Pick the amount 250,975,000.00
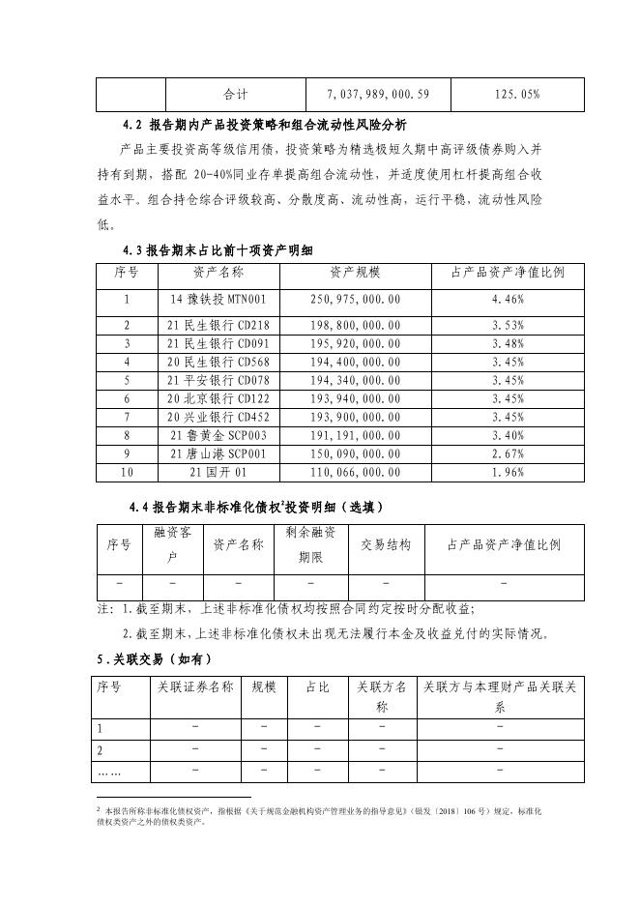[356, 299]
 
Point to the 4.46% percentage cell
[508, 299]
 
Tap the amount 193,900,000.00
[356, 417]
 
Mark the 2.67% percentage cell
[508, 453]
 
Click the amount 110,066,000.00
[356, 472]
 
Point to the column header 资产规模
[356, 273]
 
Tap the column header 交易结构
[386, 544]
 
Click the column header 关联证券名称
[196, 687]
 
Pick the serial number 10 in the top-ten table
[126, 472]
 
